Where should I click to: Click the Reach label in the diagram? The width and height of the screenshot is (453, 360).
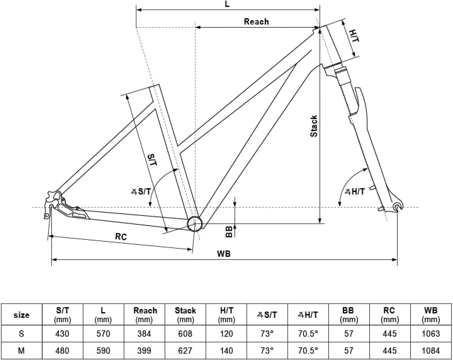click(256, 22)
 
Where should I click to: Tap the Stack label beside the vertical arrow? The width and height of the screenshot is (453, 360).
click(314, 126)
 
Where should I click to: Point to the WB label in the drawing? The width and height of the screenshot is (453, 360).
click(224, 254)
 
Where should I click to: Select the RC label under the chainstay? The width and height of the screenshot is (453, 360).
click(121, 237)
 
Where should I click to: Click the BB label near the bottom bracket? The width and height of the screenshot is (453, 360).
click(229, 232)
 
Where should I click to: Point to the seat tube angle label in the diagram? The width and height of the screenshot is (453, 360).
click(141, 192)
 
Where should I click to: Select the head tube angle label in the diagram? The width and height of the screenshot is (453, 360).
click(355, 192)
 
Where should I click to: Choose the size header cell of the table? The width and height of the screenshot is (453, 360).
click(21, 315)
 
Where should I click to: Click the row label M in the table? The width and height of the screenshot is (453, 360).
click(21, 351)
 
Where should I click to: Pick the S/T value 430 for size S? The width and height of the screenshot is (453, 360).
click(62, 334)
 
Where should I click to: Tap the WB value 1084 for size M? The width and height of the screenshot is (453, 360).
click(431, 351)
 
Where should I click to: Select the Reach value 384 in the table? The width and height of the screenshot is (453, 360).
click(144, 334)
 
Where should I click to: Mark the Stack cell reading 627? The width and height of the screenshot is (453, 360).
click(185, 351)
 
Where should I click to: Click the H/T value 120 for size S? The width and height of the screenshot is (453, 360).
click(226, 334)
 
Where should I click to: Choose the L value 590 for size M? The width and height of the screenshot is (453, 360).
click(103, 351)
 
